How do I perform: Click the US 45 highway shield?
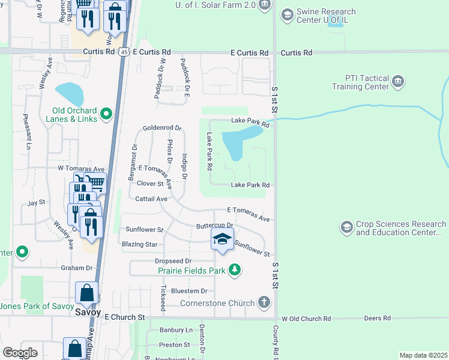123,52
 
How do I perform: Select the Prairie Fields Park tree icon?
234,271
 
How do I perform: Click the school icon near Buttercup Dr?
222,240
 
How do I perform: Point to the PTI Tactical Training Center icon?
397,82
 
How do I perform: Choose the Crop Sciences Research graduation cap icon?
346,227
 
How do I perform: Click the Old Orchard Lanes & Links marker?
106,113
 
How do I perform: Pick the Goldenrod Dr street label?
161,128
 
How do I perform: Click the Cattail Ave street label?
151,199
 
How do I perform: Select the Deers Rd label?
378,318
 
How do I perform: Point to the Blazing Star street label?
139,244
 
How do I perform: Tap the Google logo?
20,353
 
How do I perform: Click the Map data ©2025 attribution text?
423,355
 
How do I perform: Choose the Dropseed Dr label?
173,261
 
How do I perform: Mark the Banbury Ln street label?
176,330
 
